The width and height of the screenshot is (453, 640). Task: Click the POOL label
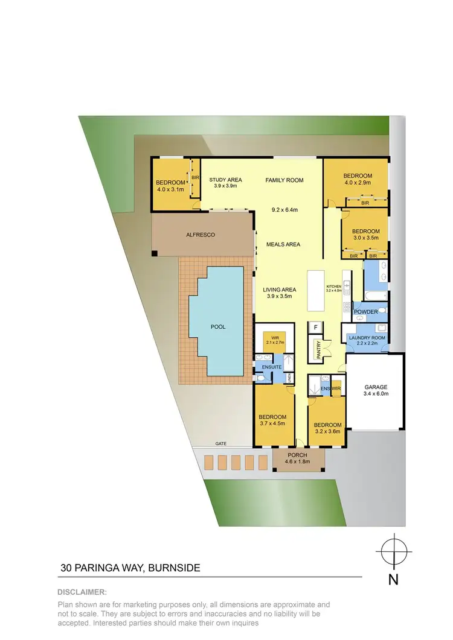[x=217, y=327]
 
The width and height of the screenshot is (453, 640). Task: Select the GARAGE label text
[x=375, y=387]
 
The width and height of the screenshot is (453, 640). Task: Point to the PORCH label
[x=297, y=455]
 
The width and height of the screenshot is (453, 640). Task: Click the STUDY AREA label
[x=225, y=180]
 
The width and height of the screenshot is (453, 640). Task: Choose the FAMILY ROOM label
[x=284, y=180]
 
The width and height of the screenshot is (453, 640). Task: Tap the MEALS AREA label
[x=283, y=244]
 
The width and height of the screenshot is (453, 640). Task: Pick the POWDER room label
[x=365, y=312]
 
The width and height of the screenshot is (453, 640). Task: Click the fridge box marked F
[x=315, y=327]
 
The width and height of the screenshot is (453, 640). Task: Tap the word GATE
[x=221, y=443]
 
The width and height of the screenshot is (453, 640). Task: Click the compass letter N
[x=393, y=580]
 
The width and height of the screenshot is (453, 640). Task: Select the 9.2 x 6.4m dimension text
[x=284, y=210]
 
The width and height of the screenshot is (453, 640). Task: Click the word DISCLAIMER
[x=82, y=592]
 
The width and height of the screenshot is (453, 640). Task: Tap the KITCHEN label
[x=334, y=286]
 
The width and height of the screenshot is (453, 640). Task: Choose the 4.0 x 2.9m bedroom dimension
[x=358, y=183]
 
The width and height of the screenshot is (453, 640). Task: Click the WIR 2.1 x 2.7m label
[x=274, y=340]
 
